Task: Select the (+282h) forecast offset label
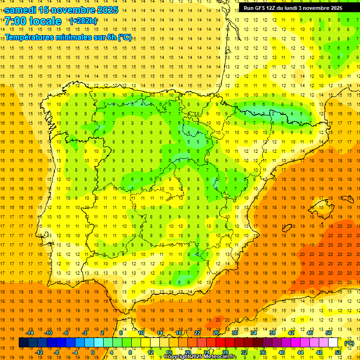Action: click(x=83, y=21)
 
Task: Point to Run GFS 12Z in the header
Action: click(x=259, y=8)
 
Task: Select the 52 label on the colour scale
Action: click(x=338, y=352)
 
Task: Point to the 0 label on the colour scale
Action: click(x=93, y=352)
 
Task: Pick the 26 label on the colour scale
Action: click(x=216, y=333)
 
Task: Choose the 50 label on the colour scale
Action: click(x=328, y=333)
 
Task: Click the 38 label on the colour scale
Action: click(x=272, y=333)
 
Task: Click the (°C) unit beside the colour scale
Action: click(x=349, y=343)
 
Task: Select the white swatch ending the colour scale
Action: click(x=333, y=343)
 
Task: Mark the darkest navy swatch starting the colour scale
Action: click(x=23, y=343)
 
